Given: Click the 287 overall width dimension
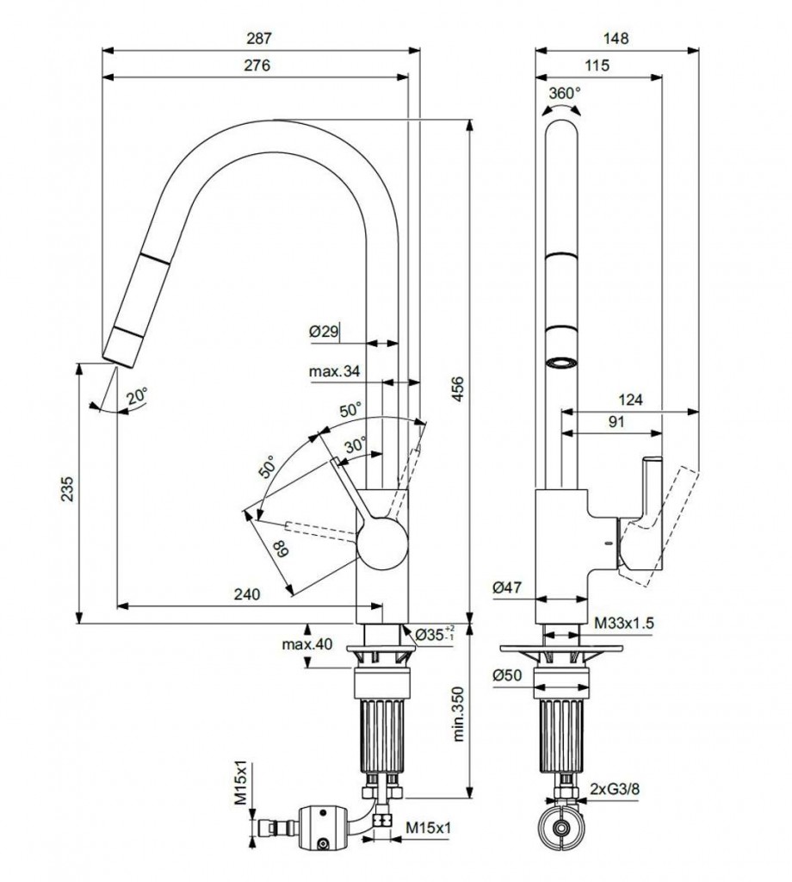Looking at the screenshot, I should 260,38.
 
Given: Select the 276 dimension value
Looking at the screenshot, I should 257,65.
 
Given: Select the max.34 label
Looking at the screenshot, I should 334,372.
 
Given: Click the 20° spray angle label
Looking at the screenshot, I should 137,397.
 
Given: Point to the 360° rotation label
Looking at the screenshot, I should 565,92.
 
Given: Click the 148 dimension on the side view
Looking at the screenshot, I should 616,38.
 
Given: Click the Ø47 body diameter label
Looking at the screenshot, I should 507,587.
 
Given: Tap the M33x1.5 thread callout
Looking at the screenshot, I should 624,622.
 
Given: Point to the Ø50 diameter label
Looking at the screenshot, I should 507,676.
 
